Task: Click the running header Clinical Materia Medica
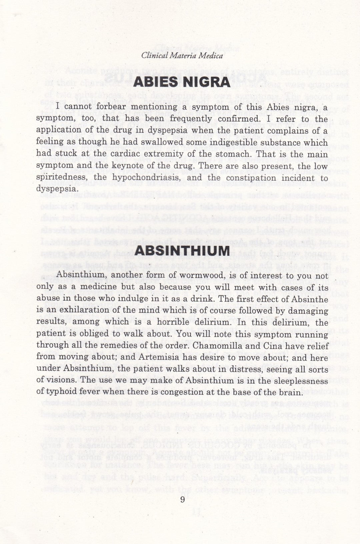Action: coord(182,56)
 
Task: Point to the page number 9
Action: coord(182,500)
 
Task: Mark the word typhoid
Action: coord(59,392)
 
